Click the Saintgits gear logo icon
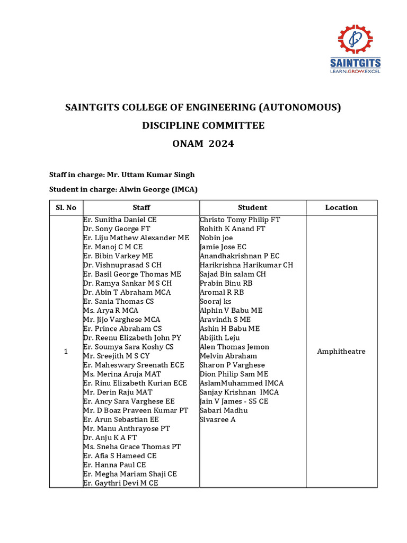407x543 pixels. pos(355,40)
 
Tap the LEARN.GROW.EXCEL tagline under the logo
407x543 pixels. pos(356,71)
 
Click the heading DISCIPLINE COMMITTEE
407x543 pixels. pos(203,126)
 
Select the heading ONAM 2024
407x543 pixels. pos(203,144)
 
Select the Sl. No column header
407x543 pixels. pos(66,207)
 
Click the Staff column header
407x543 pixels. pos(141,207)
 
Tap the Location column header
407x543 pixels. pos(341,207)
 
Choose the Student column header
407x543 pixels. pos(252,207)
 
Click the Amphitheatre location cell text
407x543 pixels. pos(341,352)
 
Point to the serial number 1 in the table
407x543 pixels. pos(66,352)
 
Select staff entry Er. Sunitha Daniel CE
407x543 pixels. pos(120,220)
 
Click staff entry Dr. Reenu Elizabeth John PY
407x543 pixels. pos(132,337)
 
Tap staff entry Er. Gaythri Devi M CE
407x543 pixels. pos(121,483)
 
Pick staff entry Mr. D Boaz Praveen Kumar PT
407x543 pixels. pos(136,410)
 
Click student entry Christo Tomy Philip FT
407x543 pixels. pos(240,220)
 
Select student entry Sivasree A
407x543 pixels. pos(218,419)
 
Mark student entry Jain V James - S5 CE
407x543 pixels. pos(234,401)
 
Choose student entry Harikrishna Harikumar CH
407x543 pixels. pos(246,265)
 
